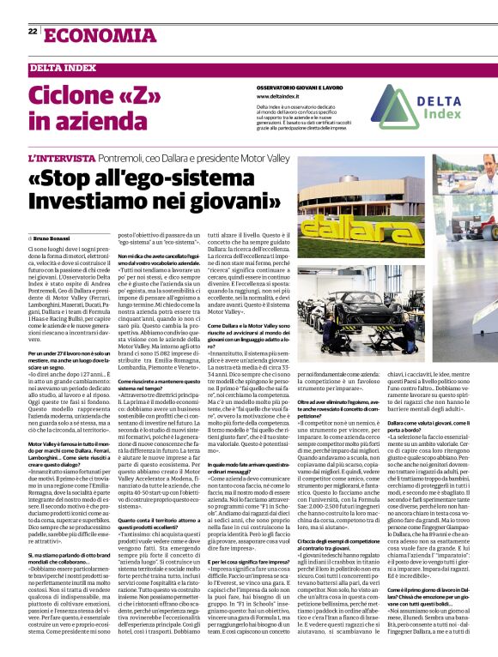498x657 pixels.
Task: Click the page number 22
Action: point(32,31)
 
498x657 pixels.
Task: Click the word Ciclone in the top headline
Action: point(74,93)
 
